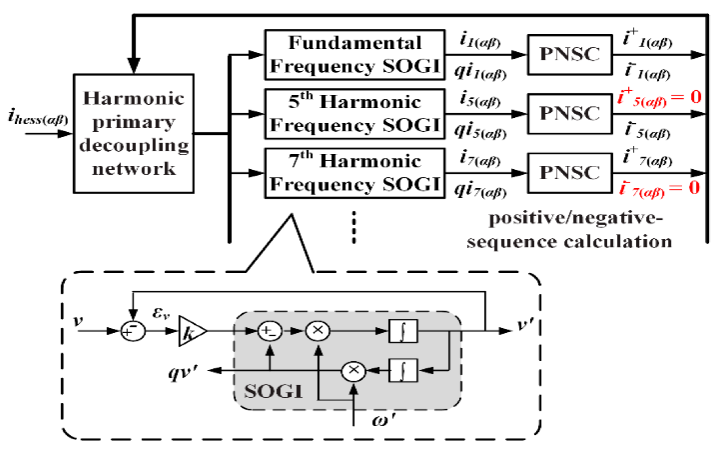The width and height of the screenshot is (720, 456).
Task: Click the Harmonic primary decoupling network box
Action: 133,133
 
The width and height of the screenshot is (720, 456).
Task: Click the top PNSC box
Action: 570,55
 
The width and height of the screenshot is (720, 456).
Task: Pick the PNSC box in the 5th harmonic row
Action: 570,114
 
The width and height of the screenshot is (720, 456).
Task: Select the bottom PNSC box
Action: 570,173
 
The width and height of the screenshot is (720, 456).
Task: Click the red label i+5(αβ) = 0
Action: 659,98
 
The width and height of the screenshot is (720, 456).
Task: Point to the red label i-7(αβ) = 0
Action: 659,188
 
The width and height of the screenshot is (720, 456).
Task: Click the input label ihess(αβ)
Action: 38,118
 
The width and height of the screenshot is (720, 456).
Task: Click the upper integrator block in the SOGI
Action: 403,331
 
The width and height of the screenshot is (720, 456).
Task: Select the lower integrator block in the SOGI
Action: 403,370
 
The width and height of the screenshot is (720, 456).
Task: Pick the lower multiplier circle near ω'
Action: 353,371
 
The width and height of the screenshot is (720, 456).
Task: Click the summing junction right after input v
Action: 132,331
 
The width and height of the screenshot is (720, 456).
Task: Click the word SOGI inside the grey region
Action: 273,392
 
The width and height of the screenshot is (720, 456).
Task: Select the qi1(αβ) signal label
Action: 480,72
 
